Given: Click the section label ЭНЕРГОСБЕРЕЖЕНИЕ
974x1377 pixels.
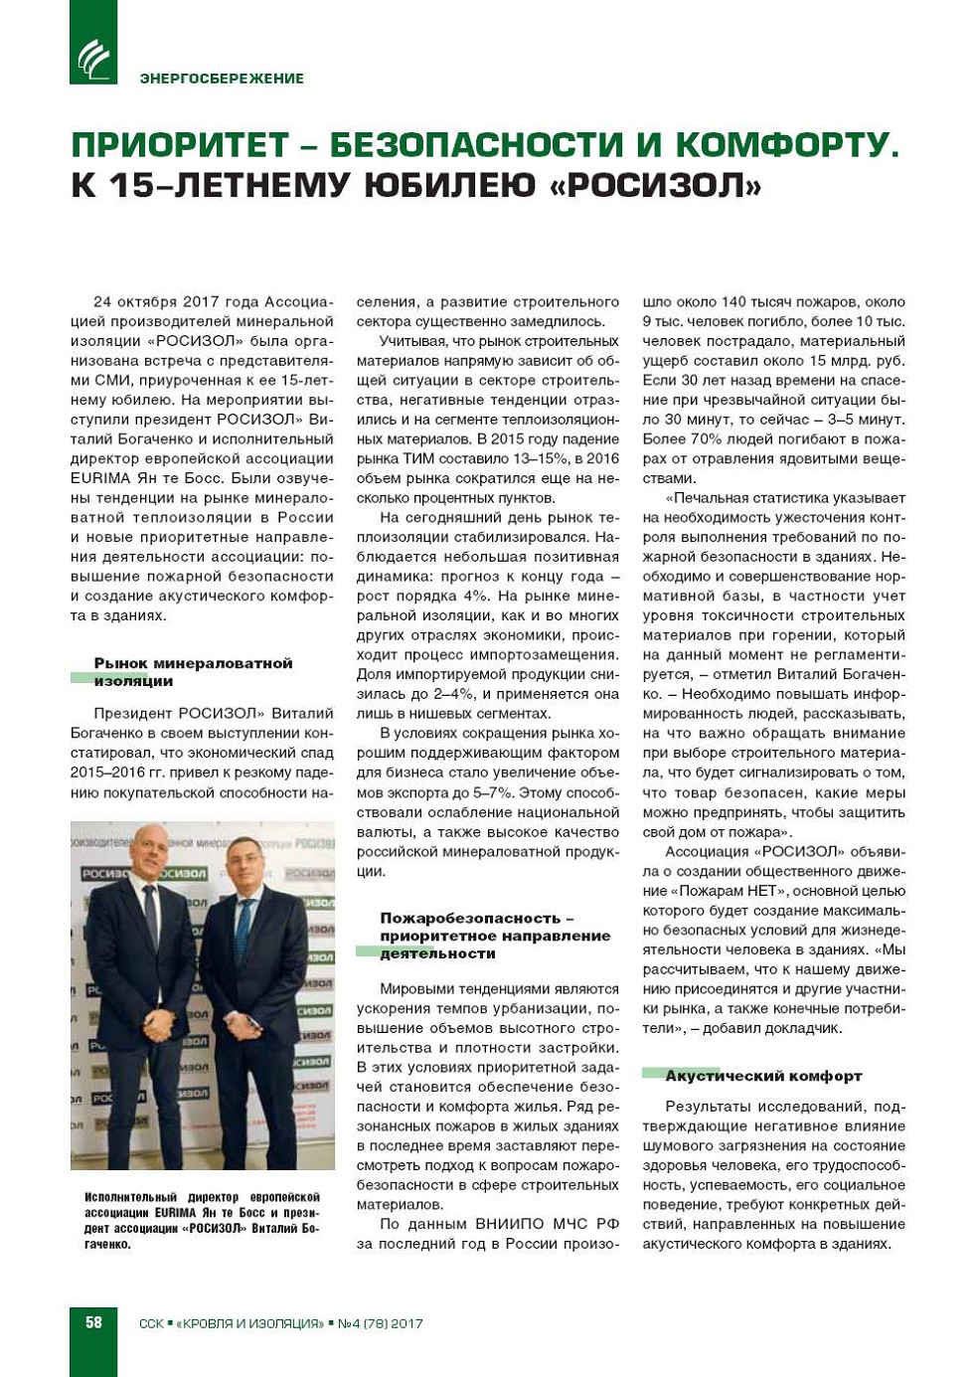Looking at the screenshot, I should [222, 79].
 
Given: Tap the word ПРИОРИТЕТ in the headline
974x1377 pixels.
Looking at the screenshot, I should [179, 145].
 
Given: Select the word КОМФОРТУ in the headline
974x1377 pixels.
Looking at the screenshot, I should [787, 145].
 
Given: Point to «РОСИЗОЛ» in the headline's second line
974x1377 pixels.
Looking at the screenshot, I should [655, 186].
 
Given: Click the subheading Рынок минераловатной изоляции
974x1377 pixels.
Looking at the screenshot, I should [193, 672].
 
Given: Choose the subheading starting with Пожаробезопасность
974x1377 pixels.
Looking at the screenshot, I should [494, 936].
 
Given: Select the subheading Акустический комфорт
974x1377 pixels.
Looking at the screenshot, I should [762, 1076].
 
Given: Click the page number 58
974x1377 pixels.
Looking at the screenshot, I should [93, 1322].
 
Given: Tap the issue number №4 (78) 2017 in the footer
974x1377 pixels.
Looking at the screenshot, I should [381, 1323].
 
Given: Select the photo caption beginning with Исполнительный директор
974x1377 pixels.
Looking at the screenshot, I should [202, 1220].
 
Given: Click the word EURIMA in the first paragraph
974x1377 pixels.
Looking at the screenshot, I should [100, 478].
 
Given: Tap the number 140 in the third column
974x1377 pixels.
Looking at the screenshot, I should [733, 301].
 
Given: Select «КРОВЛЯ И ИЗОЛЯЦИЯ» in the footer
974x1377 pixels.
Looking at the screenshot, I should [249, 1323].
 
